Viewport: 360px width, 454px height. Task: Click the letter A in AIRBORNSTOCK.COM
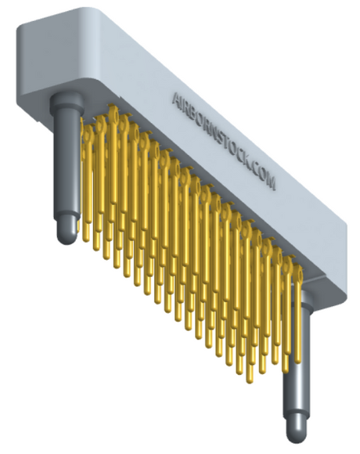click(x=178, y=99)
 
